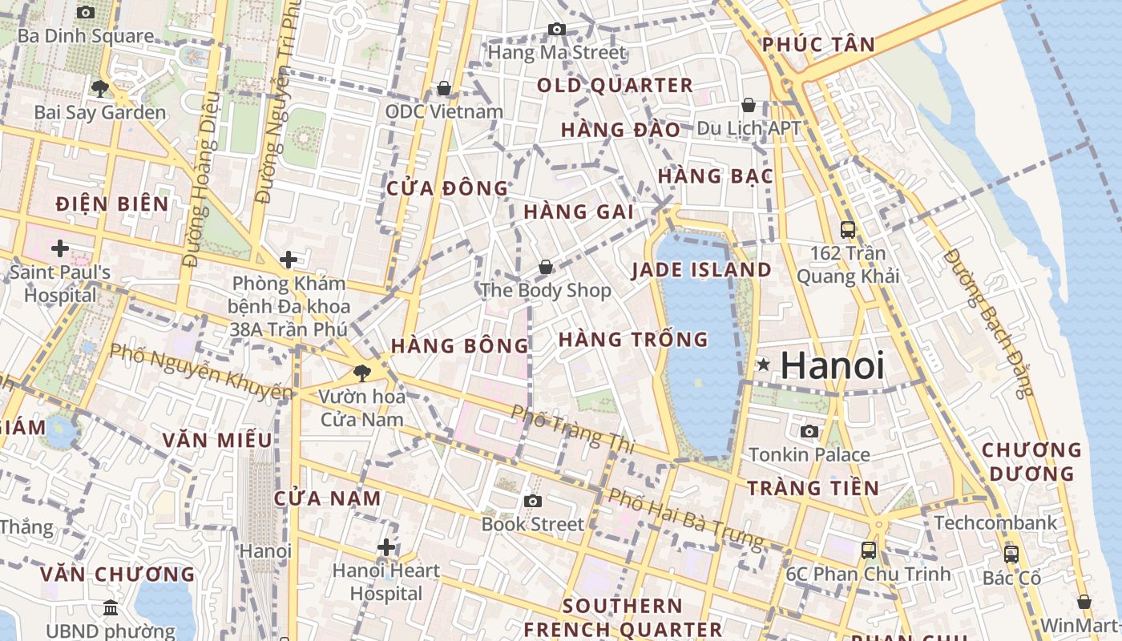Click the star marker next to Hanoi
[x=764, y=365]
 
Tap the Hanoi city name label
[x=833, y=365]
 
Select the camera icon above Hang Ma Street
[x=556, y=30]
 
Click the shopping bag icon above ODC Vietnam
[x=444, y=87]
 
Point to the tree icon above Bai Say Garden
[x=100, y=88]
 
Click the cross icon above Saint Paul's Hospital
[x=59, y=248]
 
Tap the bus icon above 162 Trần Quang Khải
[x=848, y=230]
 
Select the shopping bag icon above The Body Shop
[x=546, y=266]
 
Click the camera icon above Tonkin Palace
[x=809, y=431]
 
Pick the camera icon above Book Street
[x=533, y=501]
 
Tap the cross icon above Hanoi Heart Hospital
[x=386, y=547]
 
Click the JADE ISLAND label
[x=701, y=270]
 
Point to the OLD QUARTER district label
[x=615, y=86]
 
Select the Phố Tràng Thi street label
[x=572, y=429]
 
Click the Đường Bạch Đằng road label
[x=989, y=323]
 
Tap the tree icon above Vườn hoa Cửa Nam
[x=362, y=372]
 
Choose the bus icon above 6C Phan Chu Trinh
[x=868, y=550]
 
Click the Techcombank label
[x=995, y=523]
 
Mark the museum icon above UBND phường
[x=111, y=607]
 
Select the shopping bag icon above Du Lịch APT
[x=749, y=105]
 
